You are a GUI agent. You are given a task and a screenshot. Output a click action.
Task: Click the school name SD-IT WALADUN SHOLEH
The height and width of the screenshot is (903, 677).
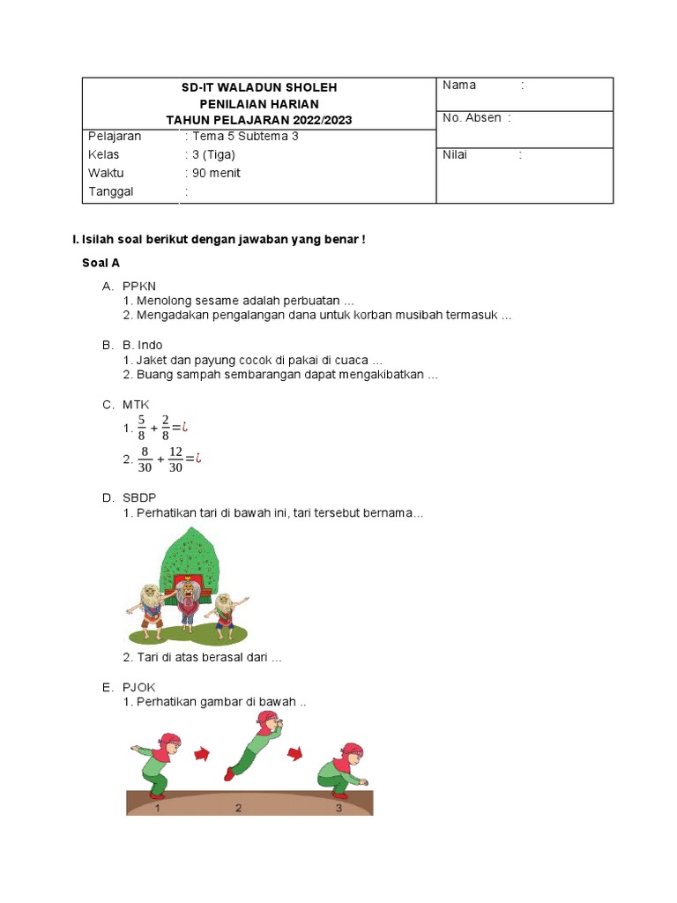click(259, 88)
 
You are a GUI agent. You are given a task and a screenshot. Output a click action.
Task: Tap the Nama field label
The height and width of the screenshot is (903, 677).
click(459, 86)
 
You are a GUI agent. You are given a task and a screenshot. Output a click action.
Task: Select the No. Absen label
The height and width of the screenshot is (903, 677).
click(472, 118)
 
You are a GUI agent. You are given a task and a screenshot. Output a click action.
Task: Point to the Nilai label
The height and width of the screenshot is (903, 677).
click(455, 155)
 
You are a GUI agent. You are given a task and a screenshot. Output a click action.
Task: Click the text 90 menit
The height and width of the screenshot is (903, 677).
click(216, 174)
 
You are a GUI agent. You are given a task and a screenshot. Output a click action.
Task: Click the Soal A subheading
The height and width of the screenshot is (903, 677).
click(100, 263)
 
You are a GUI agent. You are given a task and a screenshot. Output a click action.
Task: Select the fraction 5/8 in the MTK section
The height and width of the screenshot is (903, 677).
click(141, 428)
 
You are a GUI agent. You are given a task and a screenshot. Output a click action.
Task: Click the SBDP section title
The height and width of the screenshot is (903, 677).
click(139, 498)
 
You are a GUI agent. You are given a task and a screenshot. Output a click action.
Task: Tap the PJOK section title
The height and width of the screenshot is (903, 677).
click(139, 687)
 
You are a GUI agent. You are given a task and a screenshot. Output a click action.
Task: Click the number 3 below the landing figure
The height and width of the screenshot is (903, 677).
click(338, 807)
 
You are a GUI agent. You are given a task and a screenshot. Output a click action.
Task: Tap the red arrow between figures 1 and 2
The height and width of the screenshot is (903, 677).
click(203, 753)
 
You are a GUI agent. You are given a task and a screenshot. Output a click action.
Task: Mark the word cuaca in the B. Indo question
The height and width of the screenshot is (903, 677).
click(352, 361)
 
